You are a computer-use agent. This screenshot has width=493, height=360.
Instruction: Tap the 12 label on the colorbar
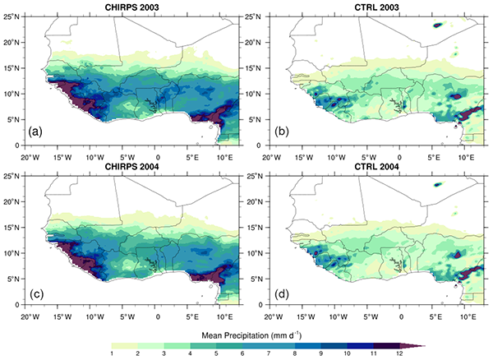pos(376,353)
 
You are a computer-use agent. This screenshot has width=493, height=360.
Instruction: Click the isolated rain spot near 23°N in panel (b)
pos(438,25)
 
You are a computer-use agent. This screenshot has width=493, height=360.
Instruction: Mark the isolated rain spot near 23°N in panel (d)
pos(438,184)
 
